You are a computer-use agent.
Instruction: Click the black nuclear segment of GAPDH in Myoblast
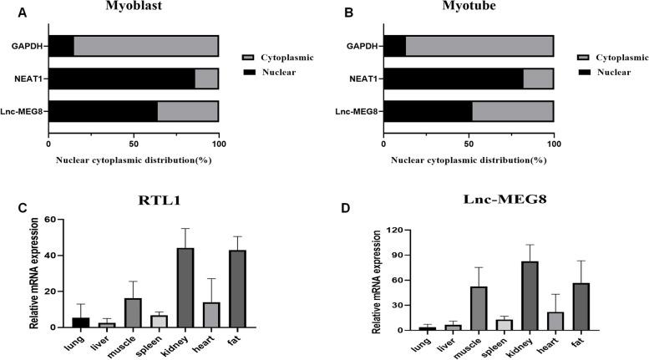tap(61, 47)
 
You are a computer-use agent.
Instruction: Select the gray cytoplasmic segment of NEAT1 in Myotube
tap(538, 79)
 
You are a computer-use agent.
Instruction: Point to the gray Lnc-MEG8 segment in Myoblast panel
tap(187, 110)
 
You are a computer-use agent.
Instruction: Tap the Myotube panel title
tap(469, 6)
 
